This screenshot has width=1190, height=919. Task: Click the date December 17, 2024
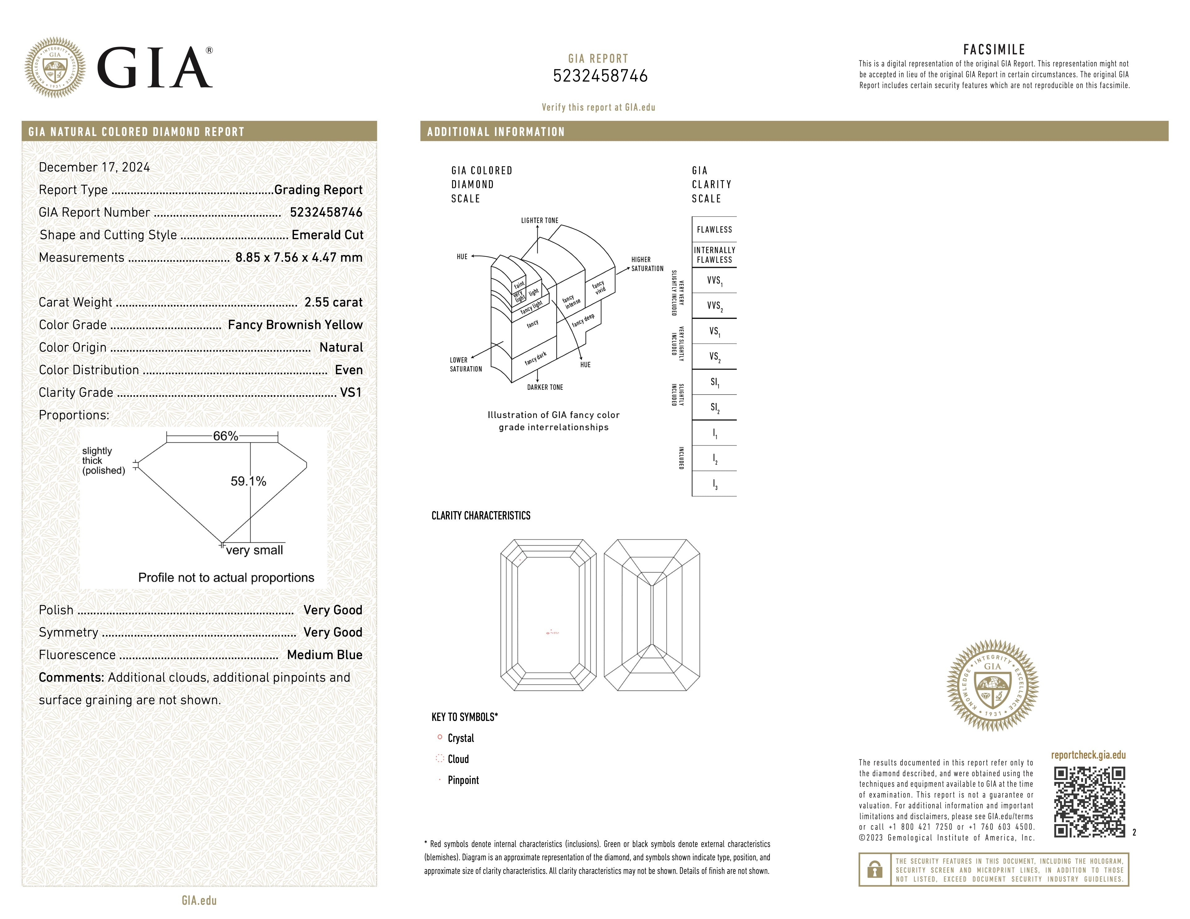[x=94, y=167]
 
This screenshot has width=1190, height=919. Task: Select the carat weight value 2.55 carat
[x=333, y=302]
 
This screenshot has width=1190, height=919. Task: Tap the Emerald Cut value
[x=327, y=235]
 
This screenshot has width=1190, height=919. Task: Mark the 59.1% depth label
[x=249, y=481]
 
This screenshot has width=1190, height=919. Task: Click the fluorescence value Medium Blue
[x=324, y=655]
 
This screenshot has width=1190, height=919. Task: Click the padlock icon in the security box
[x=875, y=870]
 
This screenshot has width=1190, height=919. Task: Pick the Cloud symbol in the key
[x=440, y=758]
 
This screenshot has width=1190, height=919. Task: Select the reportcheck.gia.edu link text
[x=1088, y=755]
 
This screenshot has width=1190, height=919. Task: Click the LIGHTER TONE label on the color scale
[x=540, y=221]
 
